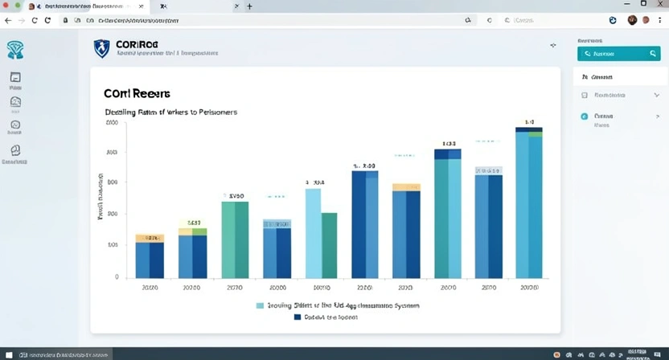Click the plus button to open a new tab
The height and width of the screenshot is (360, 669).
coord(249,6)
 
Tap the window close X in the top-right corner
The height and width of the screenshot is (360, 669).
coord(660,5)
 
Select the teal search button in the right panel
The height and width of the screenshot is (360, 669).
coord(618,54)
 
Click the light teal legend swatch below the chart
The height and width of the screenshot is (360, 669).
coord(260,305)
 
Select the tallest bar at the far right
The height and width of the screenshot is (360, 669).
coord(528,204)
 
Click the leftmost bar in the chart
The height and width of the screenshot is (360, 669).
coord(150,258)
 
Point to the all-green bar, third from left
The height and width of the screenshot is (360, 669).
coord(235,239)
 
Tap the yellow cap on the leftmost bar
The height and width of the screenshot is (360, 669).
coord(150,238)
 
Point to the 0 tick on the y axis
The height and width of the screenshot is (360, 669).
coord(117,277)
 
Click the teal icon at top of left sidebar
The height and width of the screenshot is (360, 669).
coord(15,50)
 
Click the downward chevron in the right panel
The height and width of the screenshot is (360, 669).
coord(657,95)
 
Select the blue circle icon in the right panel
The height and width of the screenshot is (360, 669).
coord(585,116)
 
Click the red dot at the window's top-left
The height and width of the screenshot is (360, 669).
coord(6,6)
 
